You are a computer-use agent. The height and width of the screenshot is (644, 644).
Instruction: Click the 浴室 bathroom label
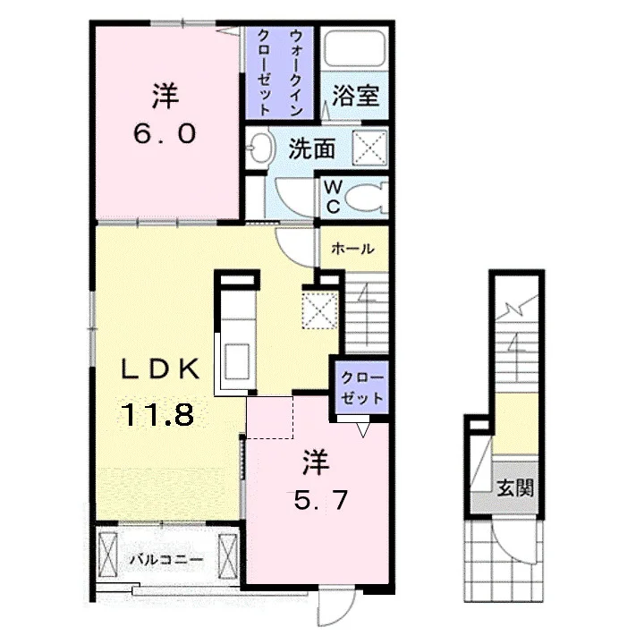click(355, 96)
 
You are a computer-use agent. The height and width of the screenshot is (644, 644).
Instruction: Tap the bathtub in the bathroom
click(355, 48)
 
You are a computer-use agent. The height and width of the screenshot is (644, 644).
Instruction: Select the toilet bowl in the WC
click(367, 198)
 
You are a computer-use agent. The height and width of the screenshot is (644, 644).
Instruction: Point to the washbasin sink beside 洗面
click(260, 148)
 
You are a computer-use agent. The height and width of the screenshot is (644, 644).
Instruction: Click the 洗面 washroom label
click(312, 148)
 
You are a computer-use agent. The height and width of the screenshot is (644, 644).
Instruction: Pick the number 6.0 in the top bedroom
click(165, 134)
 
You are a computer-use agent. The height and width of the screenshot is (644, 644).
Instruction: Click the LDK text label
click(161, 369)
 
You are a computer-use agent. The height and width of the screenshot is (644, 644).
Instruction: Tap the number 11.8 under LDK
click(158, 414)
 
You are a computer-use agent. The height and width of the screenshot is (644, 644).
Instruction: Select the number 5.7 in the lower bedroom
click(321, 500)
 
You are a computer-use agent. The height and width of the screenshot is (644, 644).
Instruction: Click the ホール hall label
click(352, 249)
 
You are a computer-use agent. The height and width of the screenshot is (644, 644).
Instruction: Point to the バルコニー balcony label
click(166, 559)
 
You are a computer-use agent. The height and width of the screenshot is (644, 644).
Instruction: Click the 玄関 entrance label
click(515, 487)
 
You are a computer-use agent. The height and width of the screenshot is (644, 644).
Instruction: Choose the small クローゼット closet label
click(362, 387)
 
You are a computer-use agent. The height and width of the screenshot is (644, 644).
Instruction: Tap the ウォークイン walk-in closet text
click(296, 72)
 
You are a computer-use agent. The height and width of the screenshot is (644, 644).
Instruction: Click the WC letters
click(333, 197)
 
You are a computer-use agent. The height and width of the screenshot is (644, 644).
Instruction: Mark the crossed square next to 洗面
click(370, 148)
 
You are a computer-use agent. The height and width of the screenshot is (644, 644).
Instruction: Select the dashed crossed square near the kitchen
click(320, 309)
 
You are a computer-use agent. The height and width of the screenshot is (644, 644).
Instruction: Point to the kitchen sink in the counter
click(237, 362)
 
